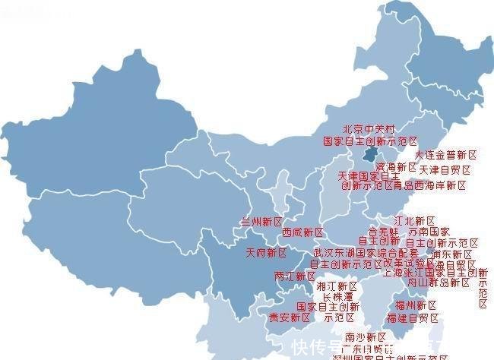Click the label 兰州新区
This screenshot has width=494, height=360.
click(261, 222)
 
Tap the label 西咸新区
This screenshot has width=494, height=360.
click(302, 232)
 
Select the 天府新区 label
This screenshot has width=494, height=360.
click(266, 253)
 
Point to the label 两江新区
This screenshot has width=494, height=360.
click(294, 276)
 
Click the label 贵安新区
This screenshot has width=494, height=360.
click(290, 317)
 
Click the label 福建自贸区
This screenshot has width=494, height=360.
click(413, 317)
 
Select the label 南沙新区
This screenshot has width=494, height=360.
click(366, 337)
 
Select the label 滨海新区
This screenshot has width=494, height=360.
click(397, 167)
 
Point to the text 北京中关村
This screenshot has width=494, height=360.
click(369, 130)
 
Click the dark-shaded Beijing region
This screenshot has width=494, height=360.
click(368, 157)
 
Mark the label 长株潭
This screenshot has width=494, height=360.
click(338, 297)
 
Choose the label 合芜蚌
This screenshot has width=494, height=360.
click(384, 232)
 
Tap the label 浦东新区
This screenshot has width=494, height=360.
click(452, 254)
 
